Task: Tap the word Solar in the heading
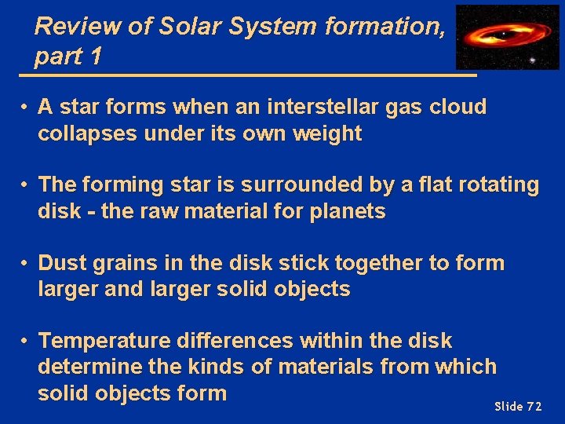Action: (x=190, y=27)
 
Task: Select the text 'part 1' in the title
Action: (x=67, y=57)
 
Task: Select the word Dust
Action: (x=61, y=262)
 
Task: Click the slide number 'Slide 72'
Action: (x=518, y=406)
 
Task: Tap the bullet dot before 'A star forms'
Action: (x=26, y=107)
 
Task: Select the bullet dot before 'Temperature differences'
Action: (x=26, y=341)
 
